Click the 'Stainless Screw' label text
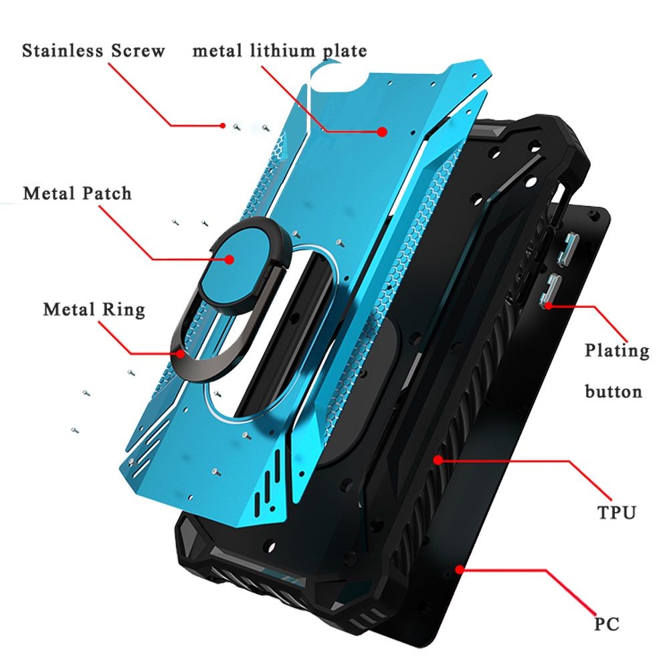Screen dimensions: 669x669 pyautogui.click(x=93, y=51)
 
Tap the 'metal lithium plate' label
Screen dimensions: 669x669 pyautogui.click(x=280, y=51)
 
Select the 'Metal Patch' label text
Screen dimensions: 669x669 pyautogui.click(x=77, y=193)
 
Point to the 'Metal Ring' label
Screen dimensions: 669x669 pyautogui.click(x=94, y=310)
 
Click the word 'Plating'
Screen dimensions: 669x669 pyautogui.click(x=617, y=351)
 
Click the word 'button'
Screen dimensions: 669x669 pyautogui.click(x=613, y=391)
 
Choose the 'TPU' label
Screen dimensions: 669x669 pyautogui.click(x=616, y=513)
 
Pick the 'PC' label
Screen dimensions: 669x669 pyautogui.click(x=606, y=624)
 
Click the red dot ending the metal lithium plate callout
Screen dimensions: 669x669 pyautogui.click(x=382, y=132)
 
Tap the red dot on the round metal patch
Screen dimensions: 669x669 pyautogui.click(x=229, y=258)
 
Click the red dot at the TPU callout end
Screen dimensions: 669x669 pyautogui.click(x=439, y=460)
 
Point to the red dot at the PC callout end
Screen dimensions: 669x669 pyautogui.click(x=460, y=569)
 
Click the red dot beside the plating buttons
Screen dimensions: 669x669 pyautogui.click(x=549, y=305)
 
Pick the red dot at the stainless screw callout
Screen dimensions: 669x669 pyautogui.click(x=223, y=125)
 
